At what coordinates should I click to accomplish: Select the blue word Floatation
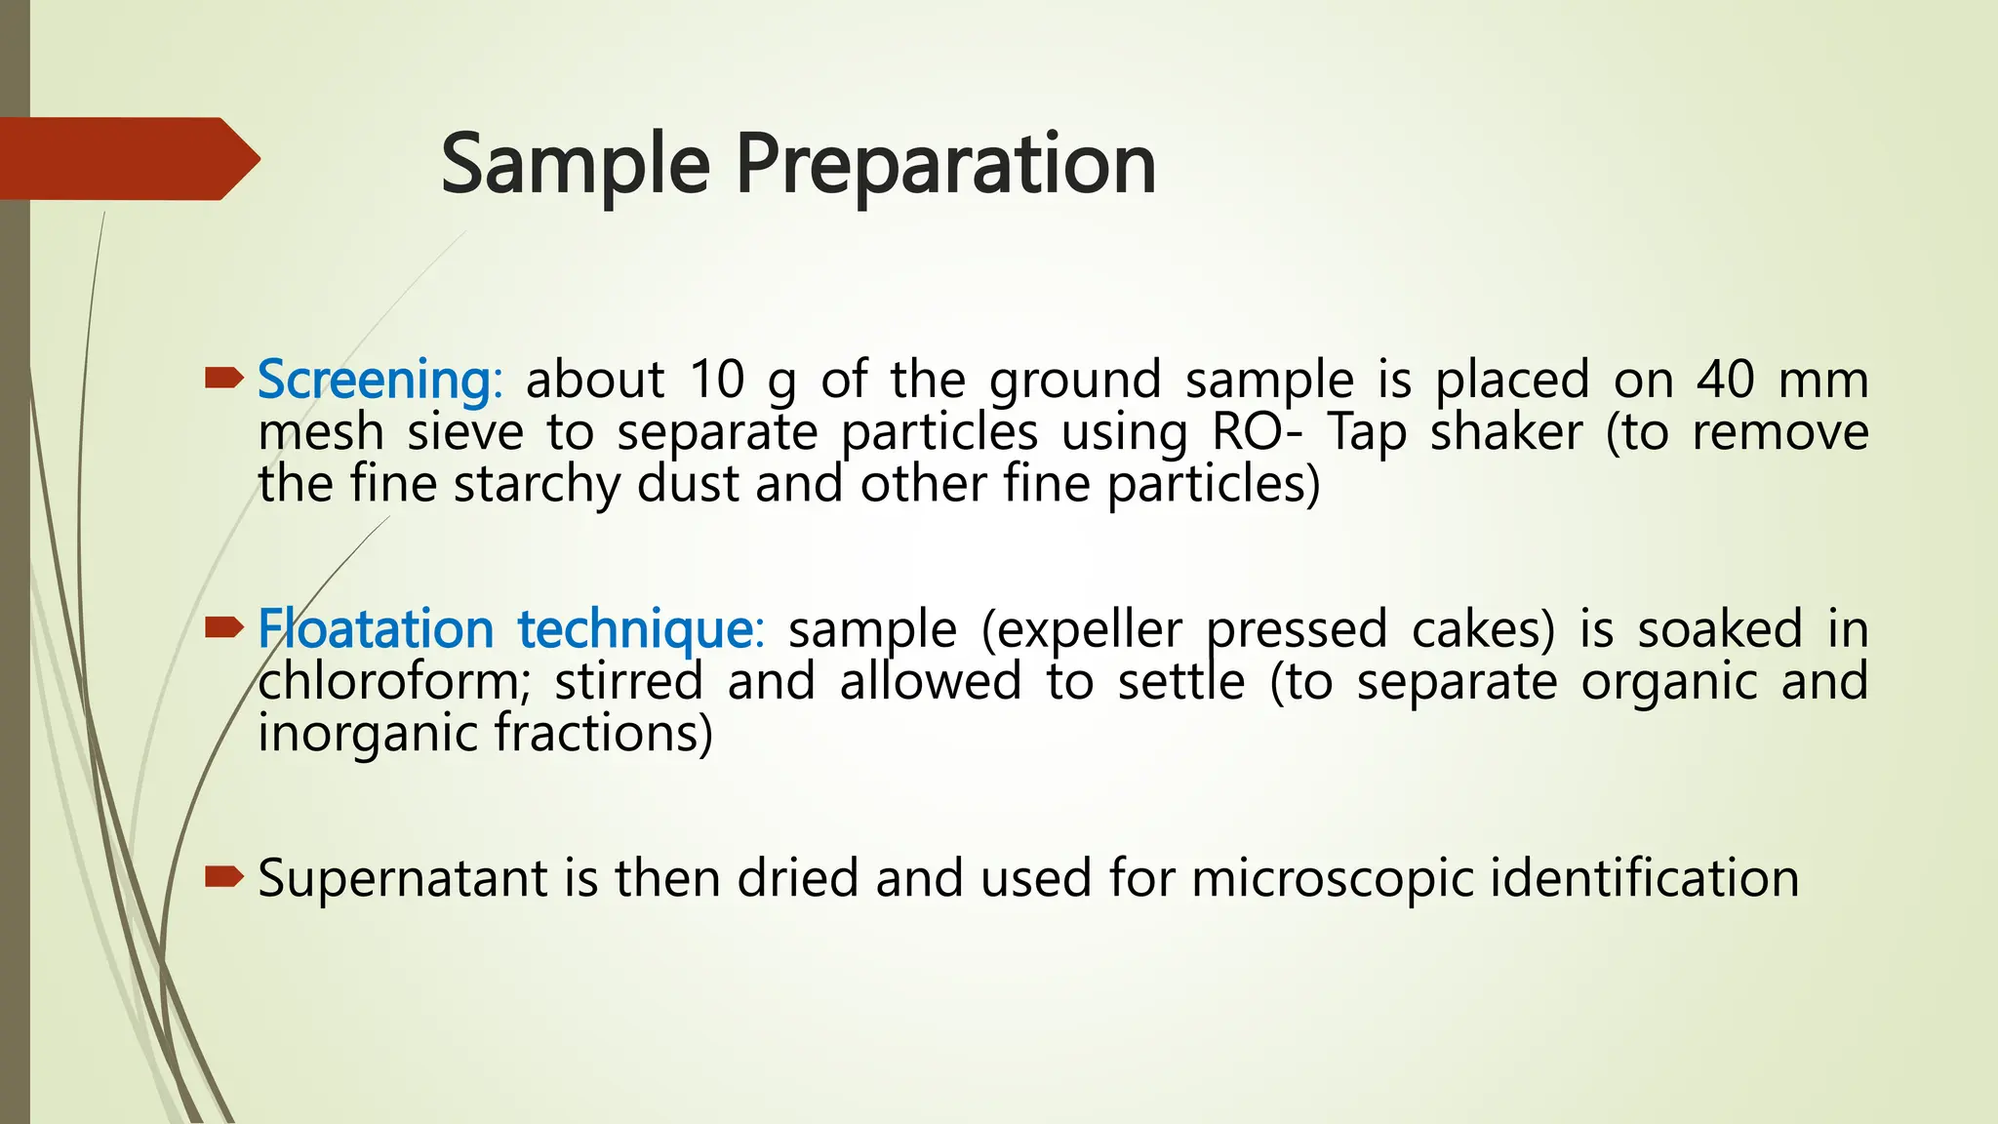pyautogui.click(x=376, y=628)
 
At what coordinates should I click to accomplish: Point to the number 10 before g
pyautogui.click(x=717, y=380)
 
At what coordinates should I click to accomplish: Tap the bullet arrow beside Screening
pyautogui.click(x=223, y=377)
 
